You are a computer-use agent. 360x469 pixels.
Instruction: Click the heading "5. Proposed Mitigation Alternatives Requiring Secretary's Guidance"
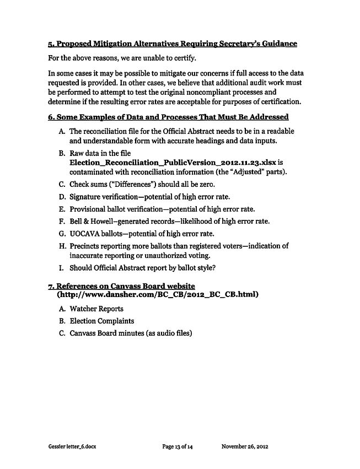point(173,44)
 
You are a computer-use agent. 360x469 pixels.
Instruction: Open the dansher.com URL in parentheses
point(158,294)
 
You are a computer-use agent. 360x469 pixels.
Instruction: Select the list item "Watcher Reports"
point(96,309)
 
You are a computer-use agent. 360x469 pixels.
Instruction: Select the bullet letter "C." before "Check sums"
point(62,184)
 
